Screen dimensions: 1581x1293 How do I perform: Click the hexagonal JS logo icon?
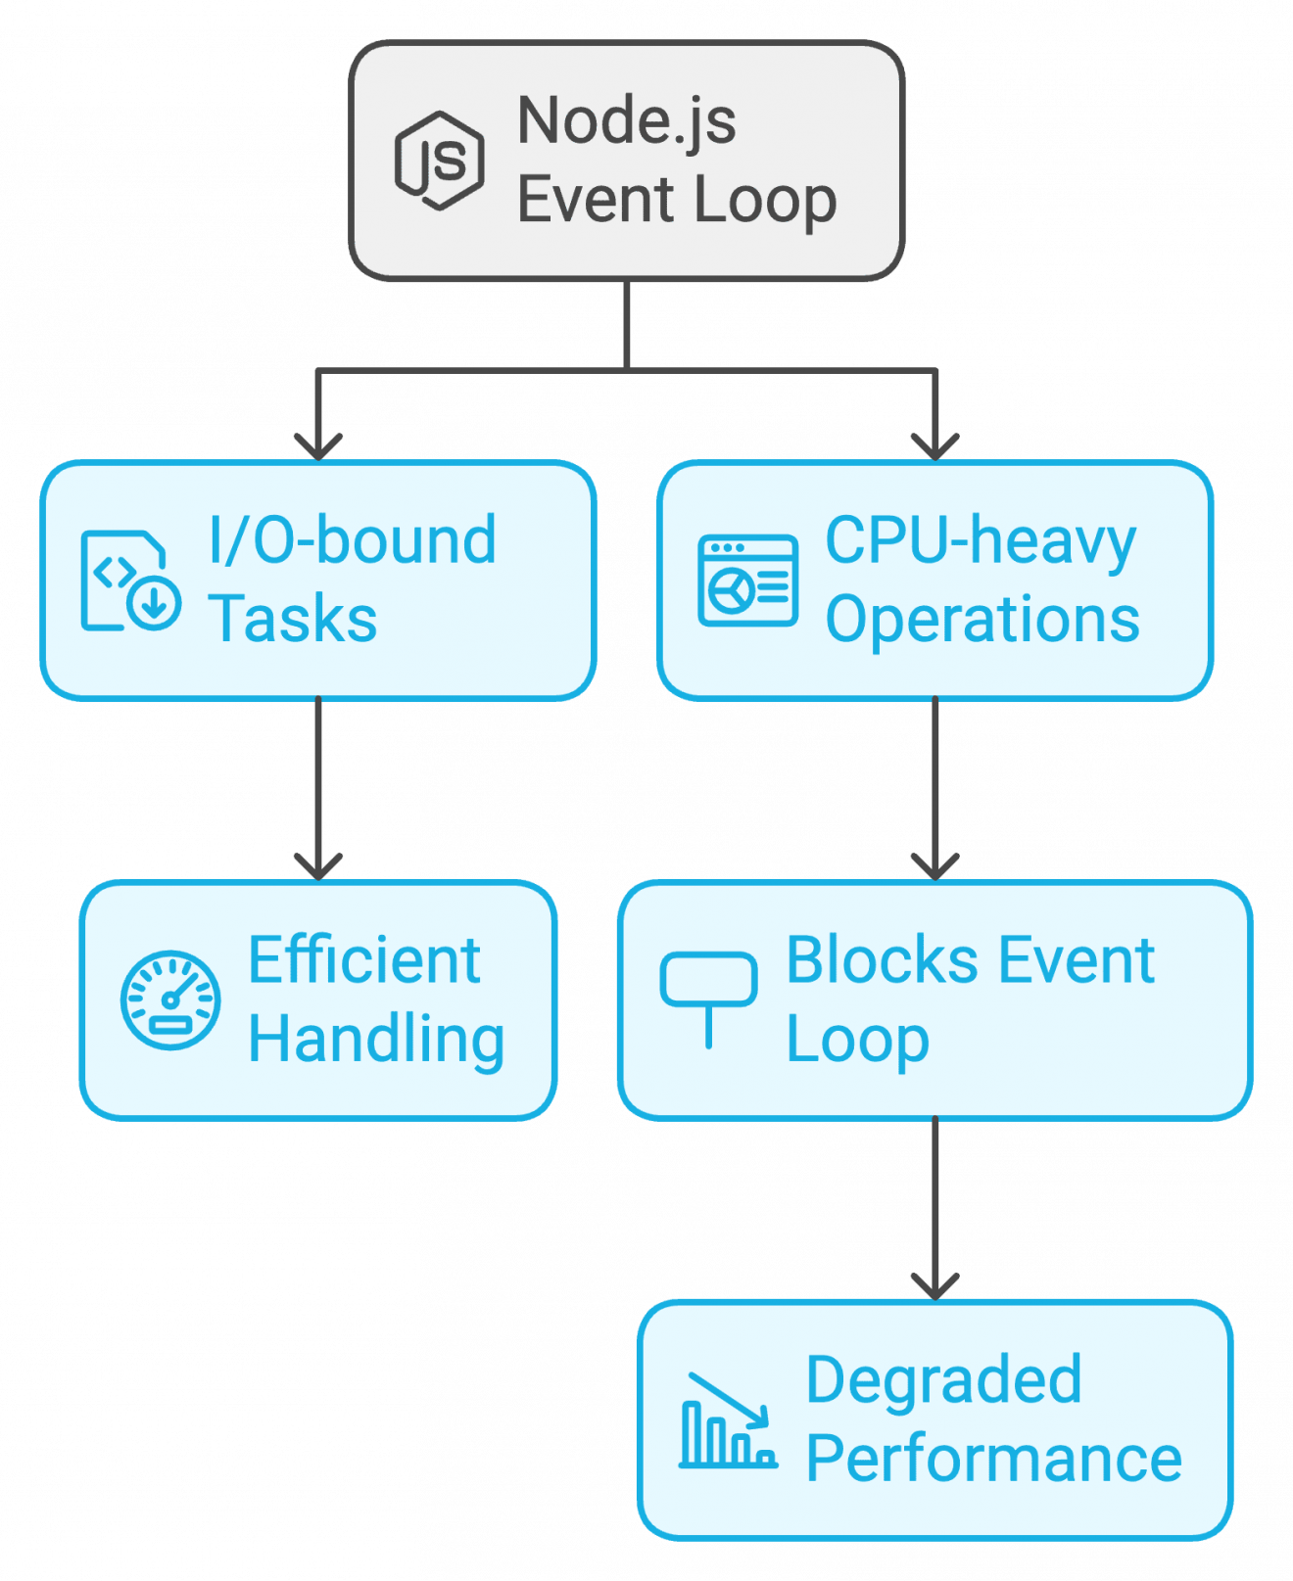pos(439,161)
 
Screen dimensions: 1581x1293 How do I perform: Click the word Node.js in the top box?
pos(626,121)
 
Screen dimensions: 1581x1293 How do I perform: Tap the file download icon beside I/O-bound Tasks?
pos(130,581)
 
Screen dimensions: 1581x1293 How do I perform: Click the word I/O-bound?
pos(353,540)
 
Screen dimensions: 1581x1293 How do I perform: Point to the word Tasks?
pos(293,620)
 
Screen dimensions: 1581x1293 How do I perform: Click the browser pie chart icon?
pos(747,581)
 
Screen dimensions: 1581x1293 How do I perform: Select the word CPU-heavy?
pos(981,540)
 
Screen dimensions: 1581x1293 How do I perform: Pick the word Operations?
pos(982,620)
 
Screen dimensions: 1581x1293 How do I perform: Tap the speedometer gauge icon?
pos(170,1000)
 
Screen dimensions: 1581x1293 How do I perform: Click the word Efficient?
pos(363,960)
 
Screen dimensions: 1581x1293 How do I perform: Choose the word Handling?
pos(376,1040)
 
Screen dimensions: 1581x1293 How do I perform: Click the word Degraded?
pos(943,1380)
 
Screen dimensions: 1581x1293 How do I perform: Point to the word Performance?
pos(994,1460)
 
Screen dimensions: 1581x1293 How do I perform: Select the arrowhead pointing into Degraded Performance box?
pos(934,1285)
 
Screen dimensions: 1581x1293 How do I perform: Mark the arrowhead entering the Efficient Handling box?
pos(318,866)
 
